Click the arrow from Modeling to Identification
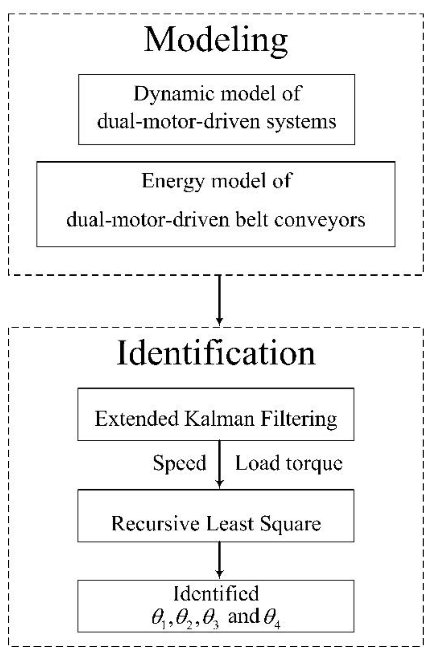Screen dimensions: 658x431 219,299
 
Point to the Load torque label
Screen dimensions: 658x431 289,463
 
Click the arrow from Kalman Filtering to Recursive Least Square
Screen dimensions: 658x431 219,463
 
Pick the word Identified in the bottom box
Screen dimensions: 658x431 216,594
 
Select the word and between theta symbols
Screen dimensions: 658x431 243,617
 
